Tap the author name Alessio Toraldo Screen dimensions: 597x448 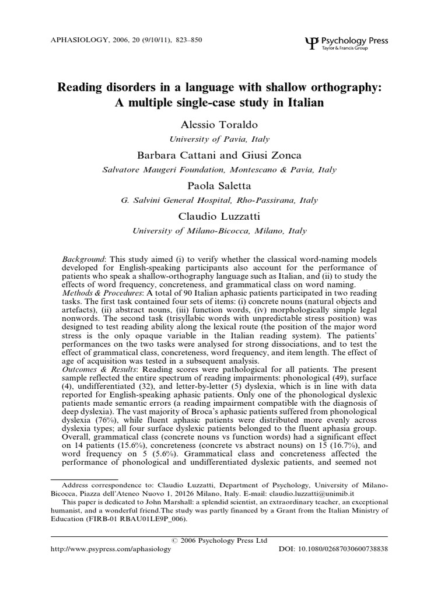click(219, 126)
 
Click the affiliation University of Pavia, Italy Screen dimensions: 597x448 click(219, 139)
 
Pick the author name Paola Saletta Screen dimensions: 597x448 click(219, 187)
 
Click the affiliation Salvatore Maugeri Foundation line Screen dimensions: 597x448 click(219, 170)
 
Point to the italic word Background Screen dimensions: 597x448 click(83, 258)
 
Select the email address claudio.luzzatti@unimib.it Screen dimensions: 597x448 click(349, 493)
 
